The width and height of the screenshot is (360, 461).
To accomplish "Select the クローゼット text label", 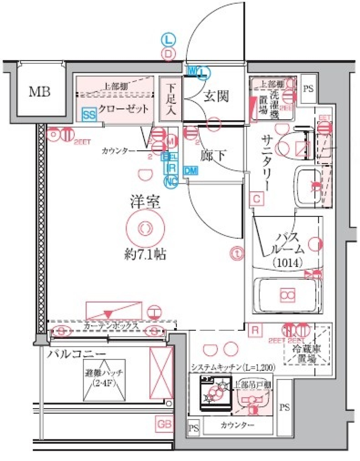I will [124, 109].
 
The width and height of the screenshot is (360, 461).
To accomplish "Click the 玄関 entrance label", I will [216, 97].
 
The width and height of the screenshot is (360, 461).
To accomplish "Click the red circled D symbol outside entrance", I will [168, 54].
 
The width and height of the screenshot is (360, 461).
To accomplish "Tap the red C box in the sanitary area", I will [256, 198].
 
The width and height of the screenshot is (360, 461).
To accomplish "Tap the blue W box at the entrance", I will [192, 70].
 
